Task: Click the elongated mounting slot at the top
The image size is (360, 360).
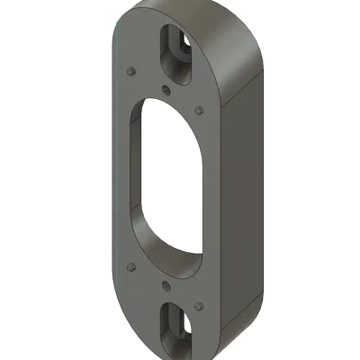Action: point(172,45)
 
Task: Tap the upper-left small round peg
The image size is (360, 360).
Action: point(132,70)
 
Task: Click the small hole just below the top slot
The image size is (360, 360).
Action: point(167,87)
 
